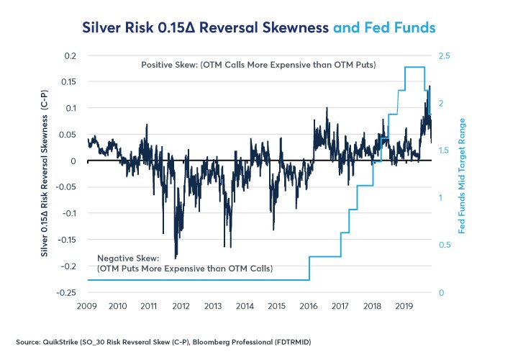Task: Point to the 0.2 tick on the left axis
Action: [x=68, y=55]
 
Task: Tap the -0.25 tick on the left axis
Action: [x=65, y=292]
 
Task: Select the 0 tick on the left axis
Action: [x=74, y=161]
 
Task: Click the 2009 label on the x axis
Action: [x=87, y=305]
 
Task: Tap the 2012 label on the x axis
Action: [x=181, y=305]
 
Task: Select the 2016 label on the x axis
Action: [x=309, y=305]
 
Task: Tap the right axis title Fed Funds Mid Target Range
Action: [x=463, y=174]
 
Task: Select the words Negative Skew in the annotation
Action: [x=127, y=258]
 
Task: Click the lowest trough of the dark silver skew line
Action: [x=176, y=258]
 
